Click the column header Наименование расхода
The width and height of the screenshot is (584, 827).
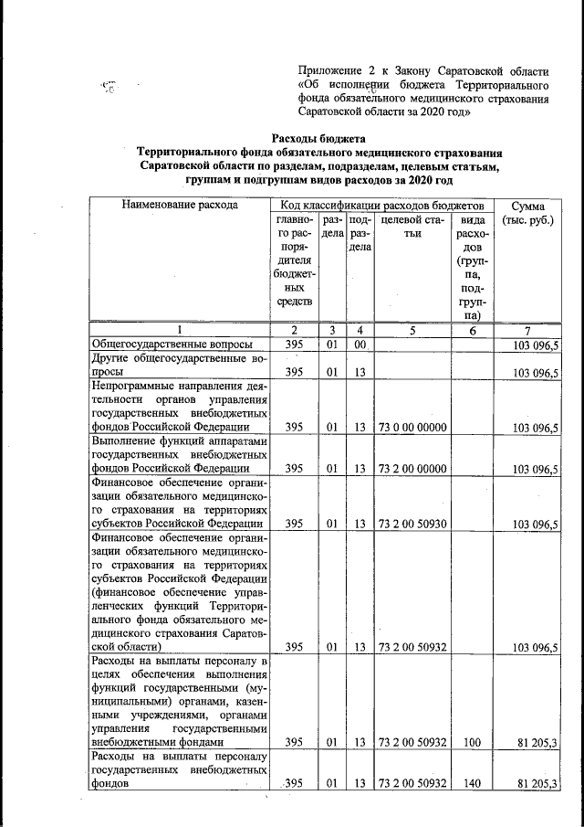pyautogui.click(x=179, y=205)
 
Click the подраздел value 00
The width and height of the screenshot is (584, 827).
pyautogui.click(x=360, y=345)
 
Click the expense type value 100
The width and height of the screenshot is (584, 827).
pyautogui.click(x=472, y=742)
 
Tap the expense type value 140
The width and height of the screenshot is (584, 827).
pyautogui.click(x=472, y=783)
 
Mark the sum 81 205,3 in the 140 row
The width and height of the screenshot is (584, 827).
pyautogui.click(x=536, y=783)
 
